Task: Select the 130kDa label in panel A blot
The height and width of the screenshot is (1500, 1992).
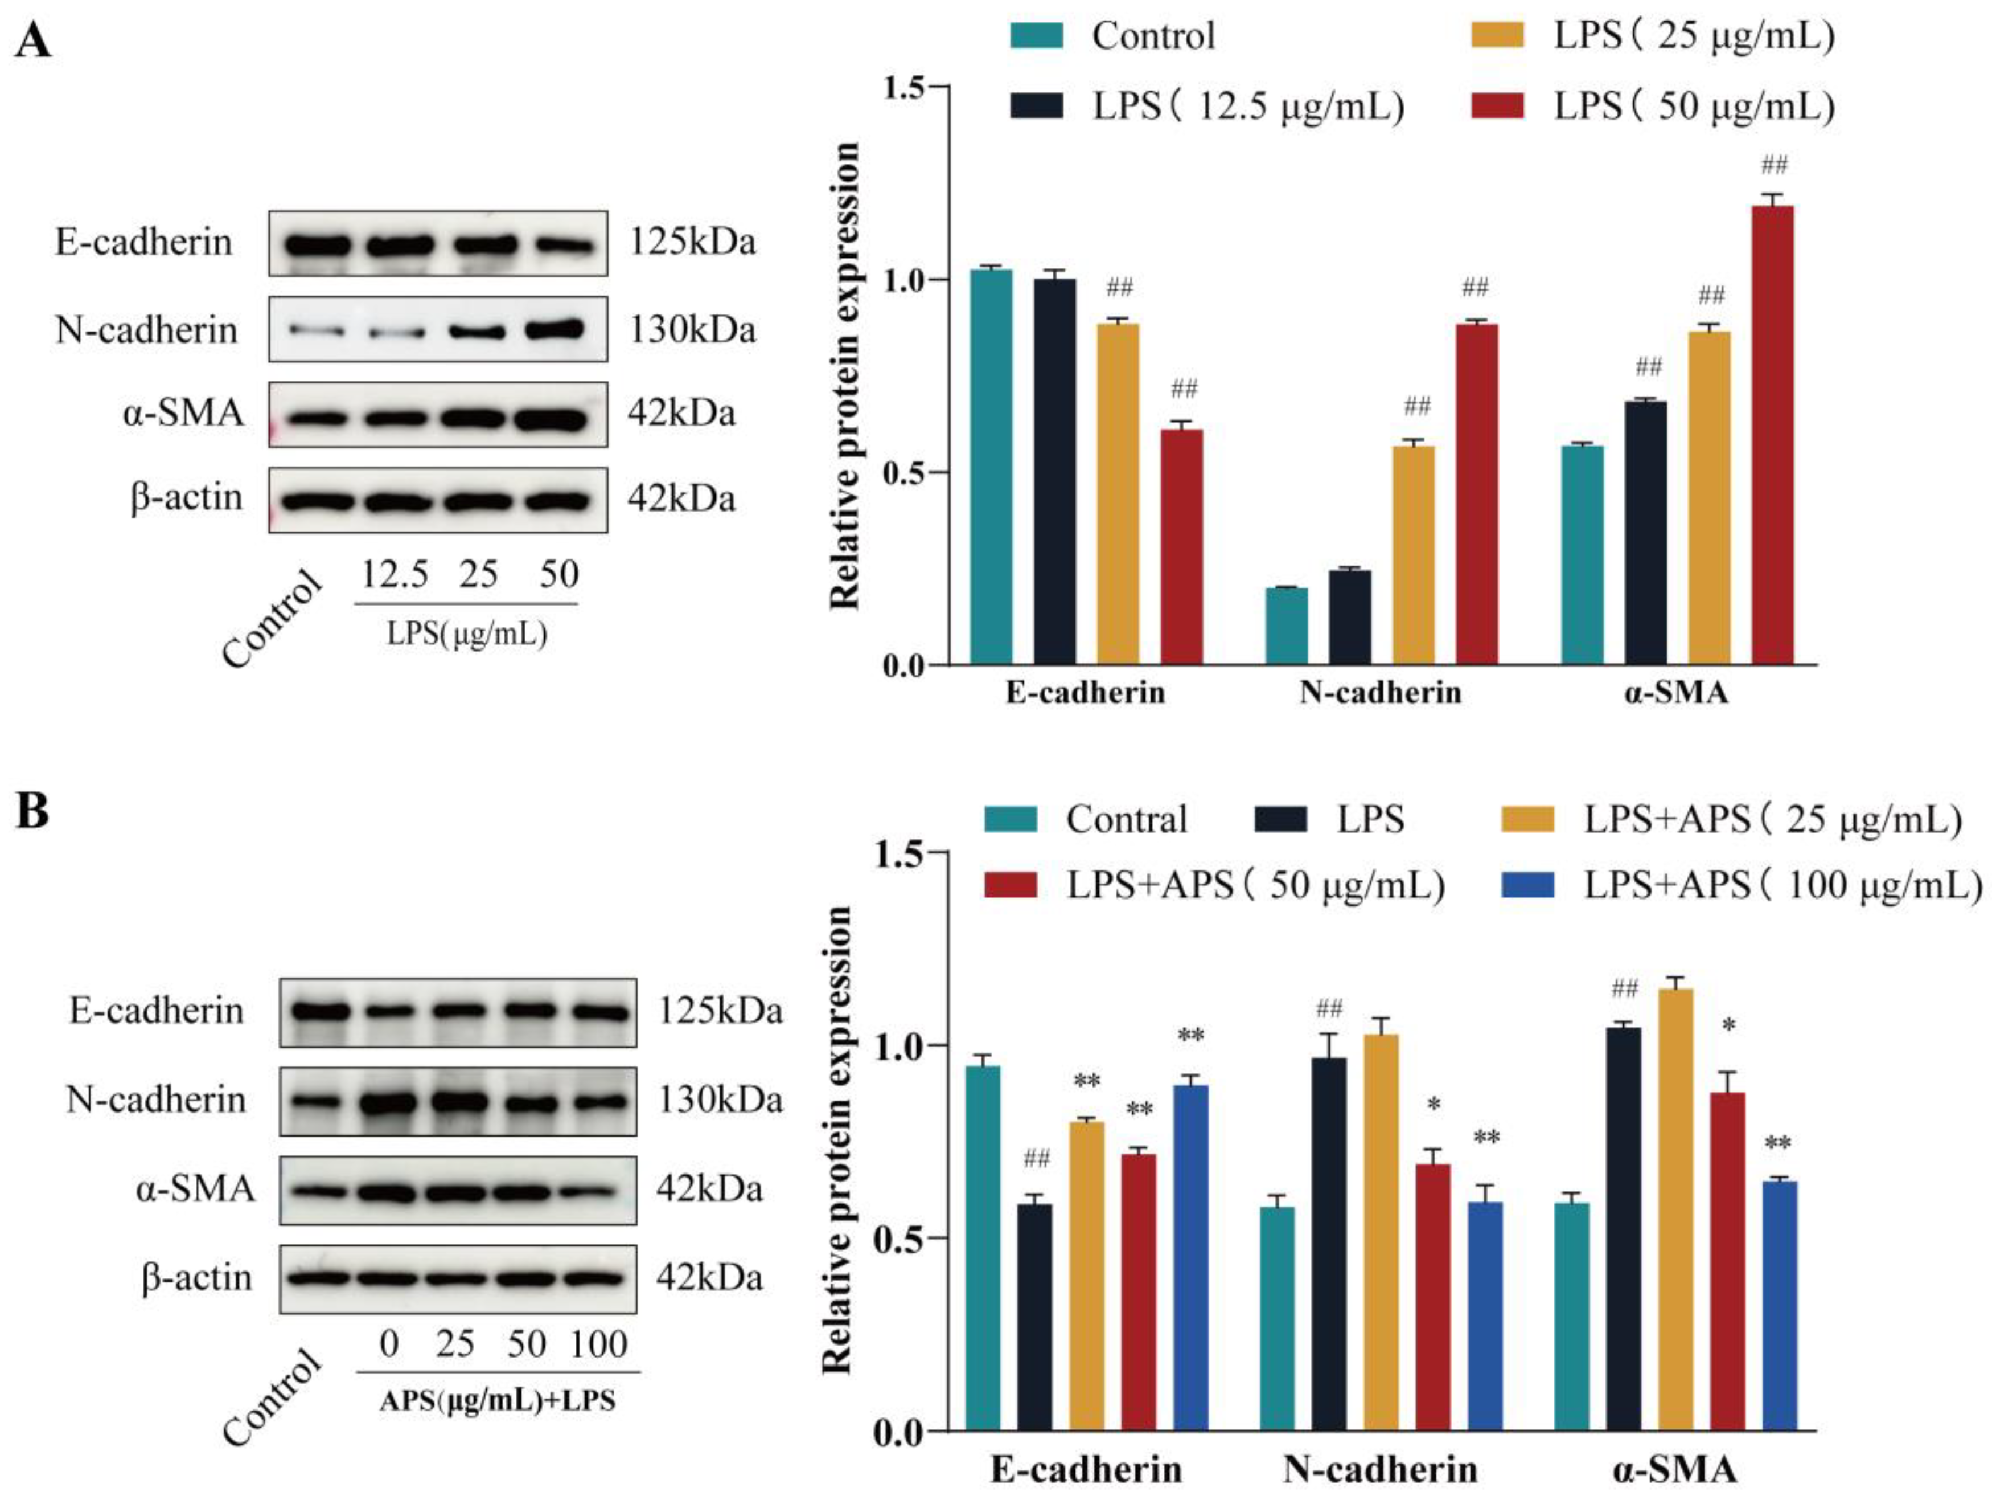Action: tap(692, 330)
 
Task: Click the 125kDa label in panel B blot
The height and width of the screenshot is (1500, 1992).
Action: tap(720, 1011)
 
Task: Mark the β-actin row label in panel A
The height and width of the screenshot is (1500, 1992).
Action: tap(186, 497)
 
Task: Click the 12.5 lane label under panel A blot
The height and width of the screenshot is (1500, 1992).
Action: tap(395, 574)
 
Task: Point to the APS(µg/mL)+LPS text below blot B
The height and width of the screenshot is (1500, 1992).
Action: tap(497, 1401)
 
